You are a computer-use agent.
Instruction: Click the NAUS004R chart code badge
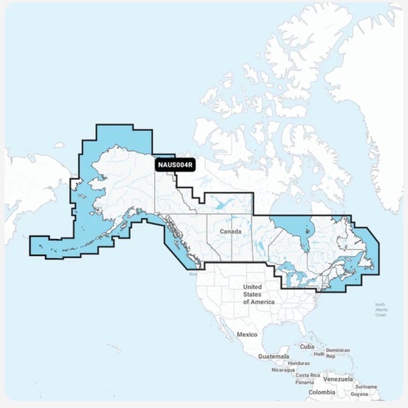click(x=175, y=165)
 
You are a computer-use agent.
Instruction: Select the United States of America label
click(x=252, y=294)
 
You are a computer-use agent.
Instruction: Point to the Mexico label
click(x=248, y=334)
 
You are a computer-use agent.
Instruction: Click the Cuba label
click(x=306, y=347)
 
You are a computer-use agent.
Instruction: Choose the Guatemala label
click(x=274, y=357)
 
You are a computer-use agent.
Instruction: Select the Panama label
click(x=305, y=382)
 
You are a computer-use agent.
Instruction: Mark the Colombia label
click(x=321, y=392)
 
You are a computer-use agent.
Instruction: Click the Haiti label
click(x=319, y=355)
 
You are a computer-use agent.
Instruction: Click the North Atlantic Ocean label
click(x=381, y=310)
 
